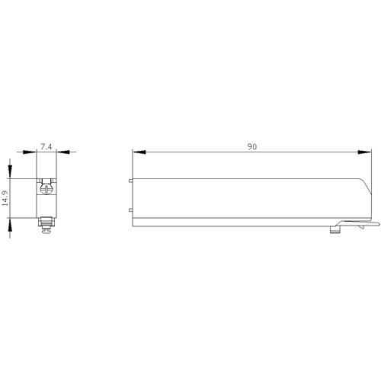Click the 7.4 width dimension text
[46, 146]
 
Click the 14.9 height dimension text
[5, 198]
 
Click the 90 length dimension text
[252, 147]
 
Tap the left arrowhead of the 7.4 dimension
[30, 152]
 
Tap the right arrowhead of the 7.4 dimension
[63, 152]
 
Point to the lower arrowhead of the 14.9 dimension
[10, 225]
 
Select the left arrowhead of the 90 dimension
[139, 152]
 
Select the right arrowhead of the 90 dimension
[364, 152]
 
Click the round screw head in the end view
[46, 189]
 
